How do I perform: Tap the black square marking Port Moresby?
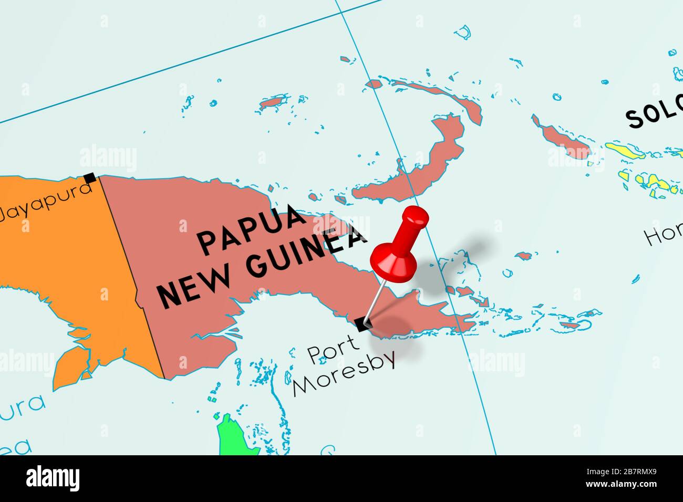(x=361, y=324)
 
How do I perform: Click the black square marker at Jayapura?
(x=90, y=178)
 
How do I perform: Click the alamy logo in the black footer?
(x=53, y=478)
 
